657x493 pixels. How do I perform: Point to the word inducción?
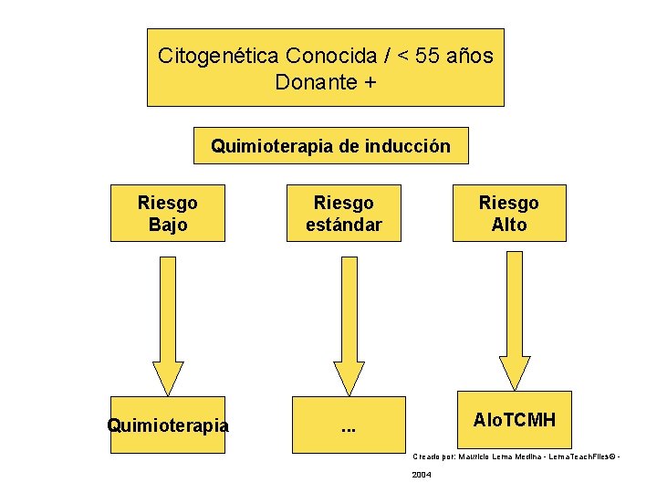pos(407,146)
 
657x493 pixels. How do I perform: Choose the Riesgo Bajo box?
pos(168,213)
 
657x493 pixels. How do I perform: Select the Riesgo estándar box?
pos(344,213)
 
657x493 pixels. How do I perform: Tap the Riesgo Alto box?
pos(509,213)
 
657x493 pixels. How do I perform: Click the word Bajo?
pos(168,225)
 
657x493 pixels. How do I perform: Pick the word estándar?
pos(344,225)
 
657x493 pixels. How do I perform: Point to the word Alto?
pos(509,225)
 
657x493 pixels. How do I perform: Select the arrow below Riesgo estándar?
pos(349,324)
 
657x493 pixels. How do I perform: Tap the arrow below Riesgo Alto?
pos(515,320)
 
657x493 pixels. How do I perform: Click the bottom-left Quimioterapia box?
pos(168,425)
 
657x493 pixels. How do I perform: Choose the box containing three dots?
pos(349,425)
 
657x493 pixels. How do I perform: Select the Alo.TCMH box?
pos(515,419)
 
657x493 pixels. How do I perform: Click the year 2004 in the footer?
pos(422,475)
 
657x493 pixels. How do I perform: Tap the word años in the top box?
pos(470,56)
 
